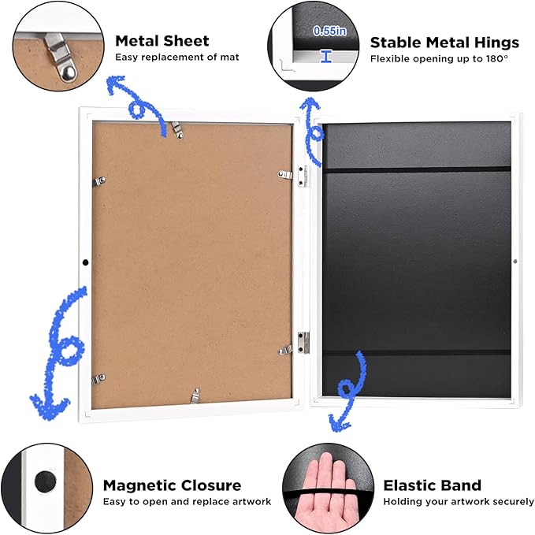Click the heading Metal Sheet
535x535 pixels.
[162, 41]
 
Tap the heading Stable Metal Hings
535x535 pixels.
[444, 43]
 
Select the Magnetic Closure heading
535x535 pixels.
[172, 485]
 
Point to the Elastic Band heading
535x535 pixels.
[433, 485]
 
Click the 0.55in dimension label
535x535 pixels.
[329, 31]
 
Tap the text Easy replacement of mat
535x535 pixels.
[177, 57]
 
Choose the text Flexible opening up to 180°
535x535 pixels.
[439, 58]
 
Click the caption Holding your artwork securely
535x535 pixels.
[459, 502]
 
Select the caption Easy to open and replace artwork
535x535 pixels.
[187, 502]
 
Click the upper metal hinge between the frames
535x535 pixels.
[303, 176]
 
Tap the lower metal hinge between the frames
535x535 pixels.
[303, 342]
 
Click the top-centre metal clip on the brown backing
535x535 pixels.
[177, 130]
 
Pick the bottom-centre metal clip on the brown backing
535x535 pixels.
[195, 396]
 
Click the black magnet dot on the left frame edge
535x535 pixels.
[86, 262]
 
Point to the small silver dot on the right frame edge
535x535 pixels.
[515, 262]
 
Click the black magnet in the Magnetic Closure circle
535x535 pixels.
[46, 481]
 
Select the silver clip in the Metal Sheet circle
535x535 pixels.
[59, 57]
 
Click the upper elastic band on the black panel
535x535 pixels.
[417, 169]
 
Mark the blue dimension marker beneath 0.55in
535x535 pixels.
[326, 56]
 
